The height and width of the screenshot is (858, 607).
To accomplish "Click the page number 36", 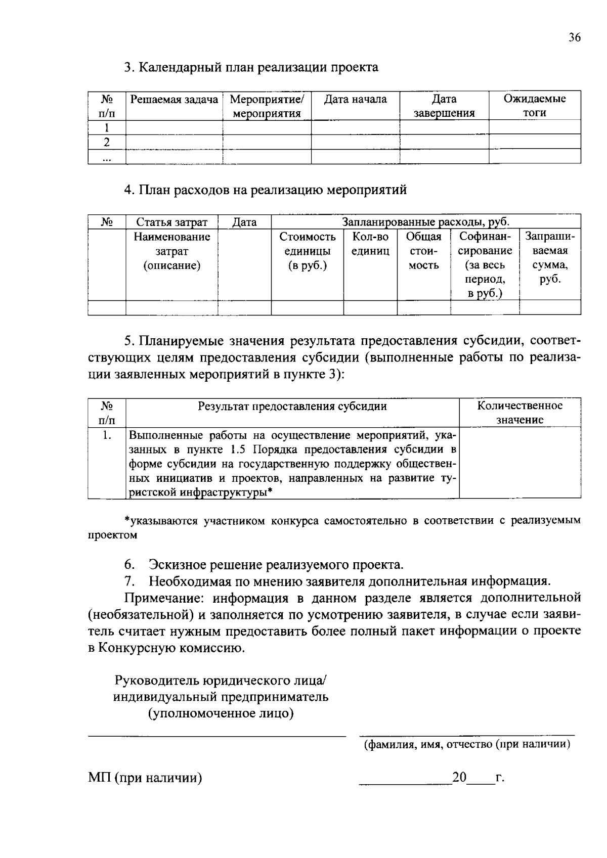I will click(x=574, y=38).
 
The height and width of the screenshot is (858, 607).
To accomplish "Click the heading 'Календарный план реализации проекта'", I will click(x=251, y=67).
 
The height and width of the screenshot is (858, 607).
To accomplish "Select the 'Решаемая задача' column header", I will click(x=174, y=100).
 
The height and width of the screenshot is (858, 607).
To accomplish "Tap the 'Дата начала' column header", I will click(x=355, y=100).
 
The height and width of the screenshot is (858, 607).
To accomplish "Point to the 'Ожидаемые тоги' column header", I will click(x=535, y=106).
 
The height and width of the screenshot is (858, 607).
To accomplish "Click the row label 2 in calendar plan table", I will click(x=107, y=142).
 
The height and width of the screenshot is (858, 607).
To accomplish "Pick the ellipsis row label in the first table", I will click(x=107, y=157).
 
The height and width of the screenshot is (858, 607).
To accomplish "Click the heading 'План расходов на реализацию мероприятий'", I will click(x=266, y=190).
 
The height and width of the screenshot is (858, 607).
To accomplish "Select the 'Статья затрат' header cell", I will click(x=171, y=222).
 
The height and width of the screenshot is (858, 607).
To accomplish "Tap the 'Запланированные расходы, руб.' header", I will click(x=426, y=222).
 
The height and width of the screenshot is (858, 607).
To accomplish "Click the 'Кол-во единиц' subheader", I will click(x=370, y=244).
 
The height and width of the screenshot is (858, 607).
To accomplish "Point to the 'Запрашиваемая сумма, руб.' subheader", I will click(x=550, y=258).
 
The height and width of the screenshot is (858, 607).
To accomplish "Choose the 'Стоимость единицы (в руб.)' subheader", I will click(x=307, y=251).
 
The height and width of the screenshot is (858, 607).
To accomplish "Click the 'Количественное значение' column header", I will click(x=519, y=413).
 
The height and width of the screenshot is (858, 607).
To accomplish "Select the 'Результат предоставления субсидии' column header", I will click(x=292, y=406).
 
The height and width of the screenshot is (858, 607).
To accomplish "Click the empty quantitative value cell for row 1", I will click(x=519, y=463).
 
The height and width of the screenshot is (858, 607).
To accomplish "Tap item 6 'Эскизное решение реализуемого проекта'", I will click(x=276, y=565).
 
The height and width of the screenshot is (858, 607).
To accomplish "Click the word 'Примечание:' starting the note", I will click(x=165, y=598).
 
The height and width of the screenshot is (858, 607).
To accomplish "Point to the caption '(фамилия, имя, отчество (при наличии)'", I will click(x=467, y=744).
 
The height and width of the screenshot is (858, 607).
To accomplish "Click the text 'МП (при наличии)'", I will click(x=145, y=778).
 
